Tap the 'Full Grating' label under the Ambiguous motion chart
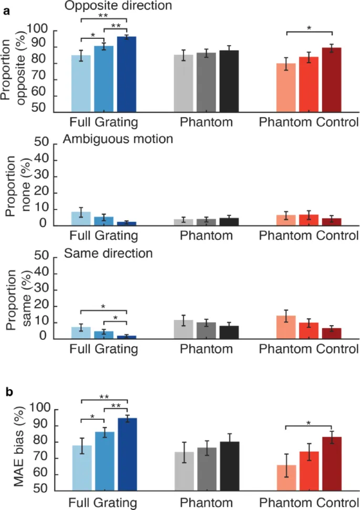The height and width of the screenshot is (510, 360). (104, 235)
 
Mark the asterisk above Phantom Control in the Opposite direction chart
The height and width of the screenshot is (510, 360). (309, 28)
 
